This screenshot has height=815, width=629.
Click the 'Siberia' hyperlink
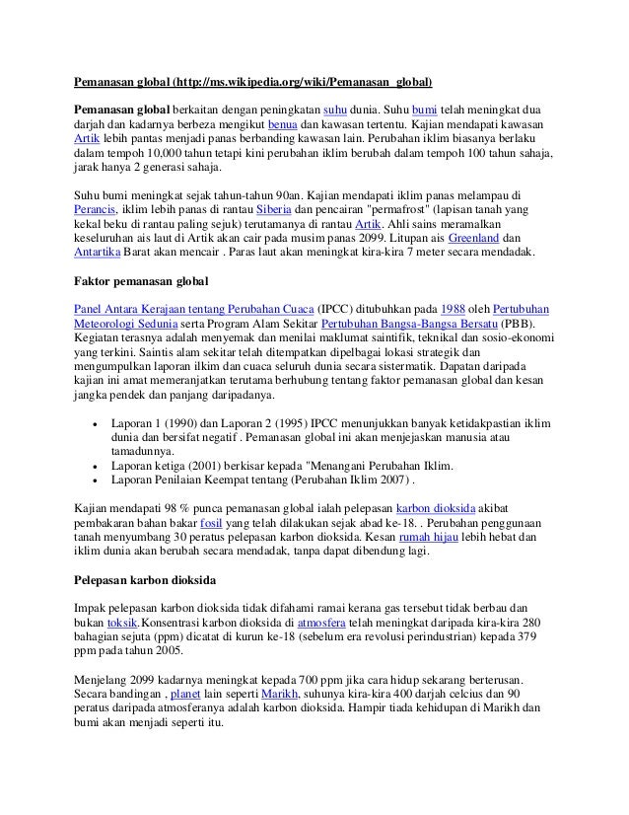tap(271, 209)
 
